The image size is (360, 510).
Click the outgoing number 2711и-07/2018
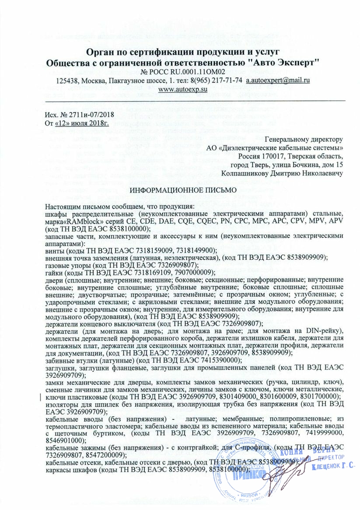coord(87,114)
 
